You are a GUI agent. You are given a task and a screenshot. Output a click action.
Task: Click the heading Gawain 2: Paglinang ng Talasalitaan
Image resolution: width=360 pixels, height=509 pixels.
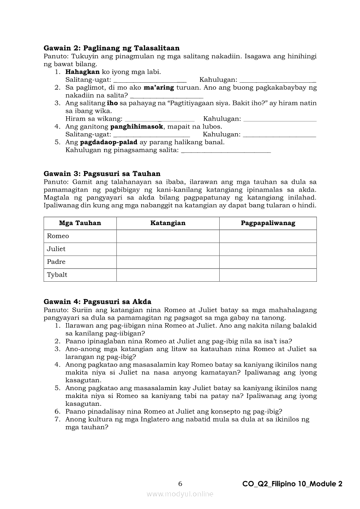111,48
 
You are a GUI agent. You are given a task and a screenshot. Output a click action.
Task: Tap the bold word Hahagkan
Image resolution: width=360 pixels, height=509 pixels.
82,72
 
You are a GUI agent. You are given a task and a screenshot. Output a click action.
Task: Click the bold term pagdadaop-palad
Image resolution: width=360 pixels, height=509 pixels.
109,142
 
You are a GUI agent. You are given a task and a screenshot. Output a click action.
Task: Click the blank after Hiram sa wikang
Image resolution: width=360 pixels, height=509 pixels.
160,119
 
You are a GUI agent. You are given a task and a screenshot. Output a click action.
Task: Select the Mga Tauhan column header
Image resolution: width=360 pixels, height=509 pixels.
80,223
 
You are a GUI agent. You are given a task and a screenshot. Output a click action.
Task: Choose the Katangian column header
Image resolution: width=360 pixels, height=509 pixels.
168,223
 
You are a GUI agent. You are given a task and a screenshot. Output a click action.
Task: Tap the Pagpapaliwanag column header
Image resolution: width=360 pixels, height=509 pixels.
268,223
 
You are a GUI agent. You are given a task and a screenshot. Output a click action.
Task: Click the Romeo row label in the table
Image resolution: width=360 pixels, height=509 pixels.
58,236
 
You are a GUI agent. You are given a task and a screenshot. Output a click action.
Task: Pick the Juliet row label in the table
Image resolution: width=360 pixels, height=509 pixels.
56,249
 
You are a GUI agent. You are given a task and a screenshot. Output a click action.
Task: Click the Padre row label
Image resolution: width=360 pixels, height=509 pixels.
56,262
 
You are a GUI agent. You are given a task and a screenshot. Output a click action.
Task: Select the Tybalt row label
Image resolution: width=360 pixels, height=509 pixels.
57,275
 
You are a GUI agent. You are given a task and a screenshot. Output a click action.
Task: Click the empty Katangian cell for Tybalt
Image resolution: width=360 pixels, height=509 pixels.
168,275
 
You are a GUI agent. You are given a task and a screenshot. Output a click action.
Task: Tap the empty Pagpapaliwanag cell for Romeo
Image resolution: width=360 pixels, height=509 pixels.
268,236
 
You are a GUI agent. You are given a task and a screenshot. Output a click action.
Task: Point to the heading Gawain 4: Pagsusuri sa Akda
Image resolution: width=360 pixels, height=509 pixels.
97,302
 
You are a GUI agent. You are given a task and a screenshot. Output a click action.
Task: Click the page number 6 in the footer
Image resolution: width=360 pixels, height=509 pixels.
180,484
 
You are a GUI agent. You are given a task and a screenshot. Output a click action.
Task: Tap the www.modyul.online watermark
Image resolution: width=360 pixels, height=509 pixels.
180,494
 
